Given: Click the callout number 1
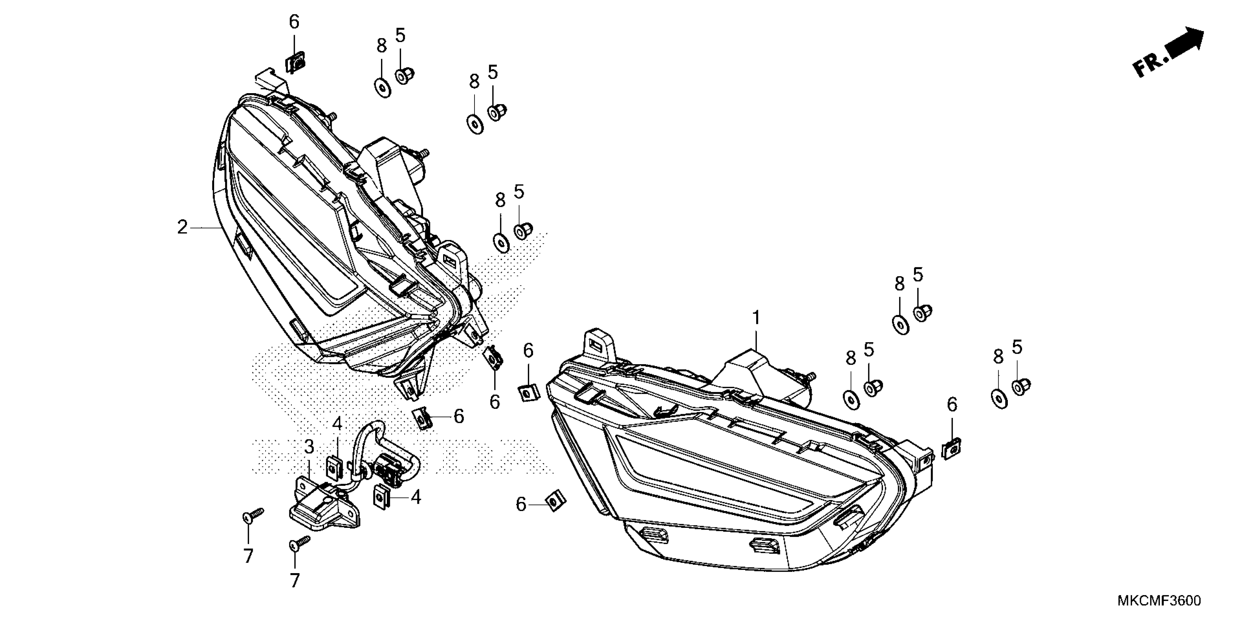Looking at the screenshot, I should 756,318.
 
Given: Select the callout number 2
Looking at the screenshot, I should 182,227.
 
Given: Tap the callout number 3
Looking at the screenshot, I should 309,447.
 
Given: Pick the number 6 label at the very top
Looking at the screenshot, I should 294,22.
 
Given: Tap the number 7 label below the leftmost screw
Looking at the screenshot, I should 248,556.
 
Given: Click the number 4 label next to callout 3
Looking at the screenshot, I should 337,424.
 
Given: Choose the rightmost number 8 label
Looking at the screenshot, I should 998,357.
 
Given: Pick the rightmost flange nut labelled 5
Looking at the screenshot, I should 1021,387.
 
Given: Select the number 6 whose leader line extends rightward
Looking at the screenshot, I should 521,504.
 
